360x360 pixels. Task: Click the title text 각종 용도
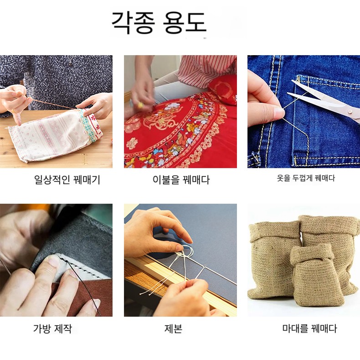[x=159, y=22]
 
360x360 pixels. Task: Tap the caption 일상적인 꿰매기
[x=67, y=179]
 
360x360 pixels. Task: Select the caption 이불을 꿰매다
[x=181, y=179]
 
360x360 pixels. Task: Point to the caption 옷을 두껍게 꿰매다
[x=306, y=178]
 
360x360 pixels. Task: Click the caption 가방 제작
[x=52, y=328]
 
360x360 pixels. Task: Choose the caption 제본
[x=173, y=328]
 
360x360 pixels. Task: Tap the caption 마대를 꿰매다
[x=309, y=328]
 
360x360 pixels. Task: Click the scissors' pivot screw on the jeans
[x=350, y=112]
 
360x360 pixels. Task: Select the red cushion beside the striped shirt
[x=223, y=89]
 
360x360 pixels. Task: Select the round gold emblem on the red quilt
[x=159, y=121]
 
